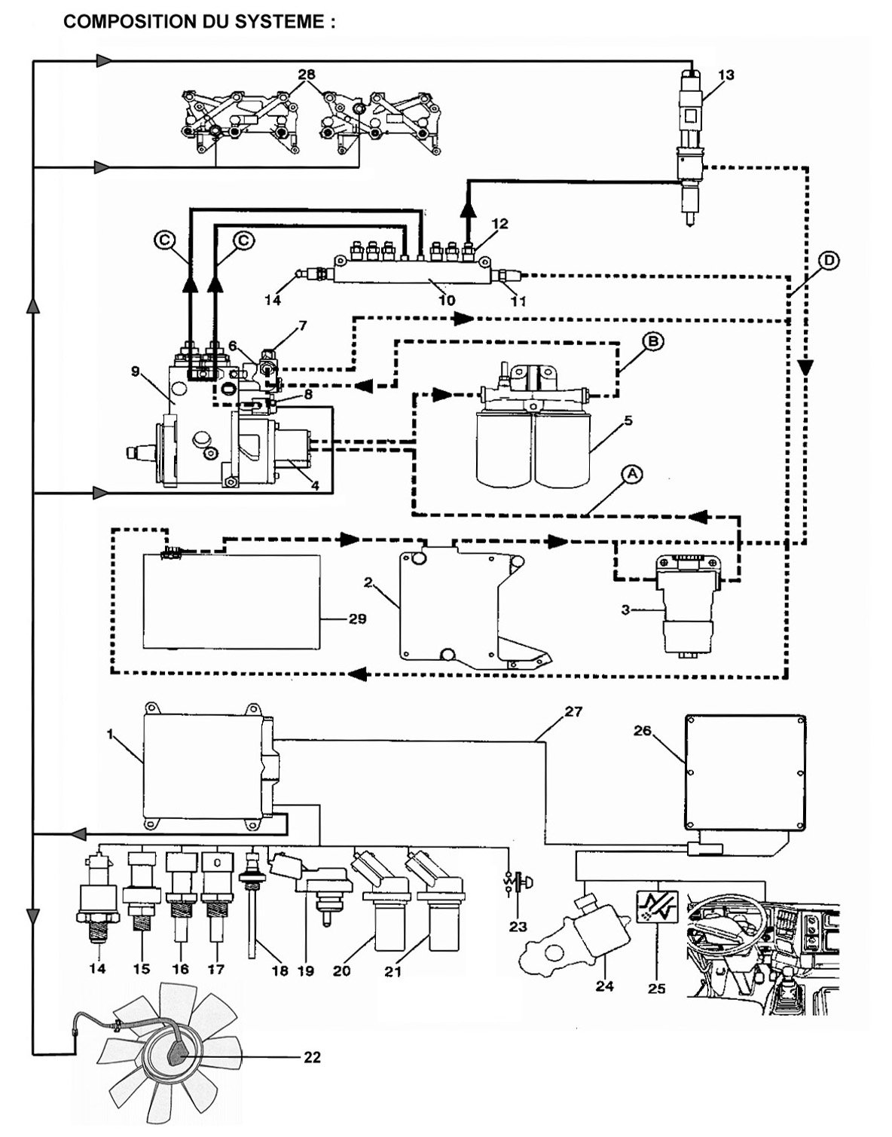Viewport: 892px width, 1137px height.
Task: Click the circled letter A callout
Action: point(632,474)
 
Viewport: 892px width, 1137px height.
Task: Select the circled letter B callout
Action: point(653,341)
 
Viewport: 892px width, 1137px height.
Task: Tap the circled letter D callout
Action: point(828,261)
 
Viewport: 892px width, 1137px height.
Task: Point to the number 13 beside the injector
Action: point(726,75)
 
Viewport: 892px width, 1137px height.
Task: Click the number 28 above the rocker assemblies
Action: point(306,75)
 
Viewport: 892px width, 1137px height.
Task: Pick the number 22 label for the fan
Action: point(312,1057)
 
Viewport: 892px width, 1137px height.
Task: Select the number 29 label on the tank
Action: point(357,619)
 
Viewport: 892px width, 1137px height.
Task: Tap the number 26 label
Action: point(642,730)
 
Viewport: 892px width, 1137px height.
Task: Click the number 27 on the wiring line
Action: point(573,711)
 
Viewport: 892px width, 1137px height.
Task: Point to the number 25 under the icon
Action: point(656,988)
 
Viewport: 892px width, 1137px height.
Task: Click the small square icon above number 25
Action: point(657,907)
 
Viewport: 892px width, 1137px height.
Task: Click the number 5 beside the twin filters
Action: point(628,420)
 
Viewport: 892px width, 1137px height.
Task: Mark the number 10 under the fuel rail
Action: point(447,300)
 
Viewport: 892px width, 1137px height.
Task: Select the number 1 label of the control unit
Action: point(110,734)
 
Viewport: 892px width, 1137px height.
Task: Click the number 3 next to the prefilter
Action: point(625,610)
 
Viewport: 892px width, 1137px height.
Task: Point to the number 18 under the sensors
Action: point(280,970)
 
